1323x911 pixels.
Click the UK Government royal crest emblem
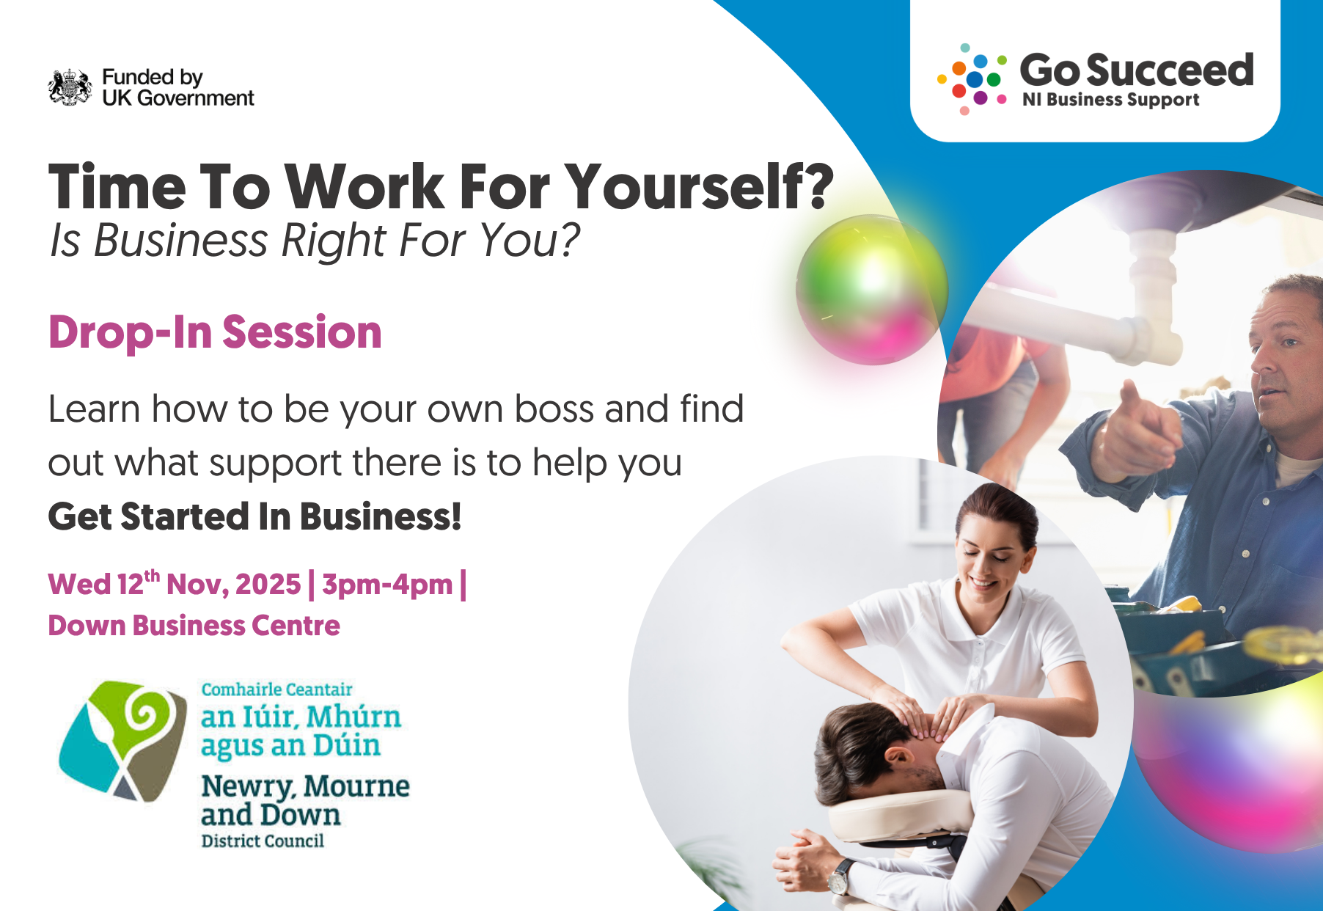[x=70, y=87]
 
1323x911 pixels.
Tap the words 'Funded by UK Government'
[x=178, y=87]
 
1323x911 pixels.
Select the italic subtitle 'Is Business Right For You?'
[x=315, y=241]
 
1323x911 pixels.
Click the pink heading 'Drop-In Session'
[x=215, y=332]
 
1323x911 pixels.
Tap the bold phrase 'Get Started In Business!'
[x=254, y=516]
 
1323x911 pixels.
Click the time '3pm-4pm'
[x=387, y=585]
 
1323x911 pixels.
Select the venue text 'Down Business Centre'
[x=194, y=626]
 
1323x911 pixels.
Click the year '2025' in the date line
[x=268, y=585]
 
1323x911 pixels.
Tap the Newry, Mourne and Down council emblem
[x=122, y=741]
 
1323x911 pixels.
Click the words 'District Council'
[x=263, y=841]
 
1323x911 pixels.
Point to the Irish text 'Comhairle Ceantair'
[x=277, y=689]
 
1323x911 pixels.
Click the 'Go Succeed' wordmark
[x=1137, y=70]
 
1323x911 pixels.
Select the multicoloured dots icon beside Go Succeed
[x=972, y=79]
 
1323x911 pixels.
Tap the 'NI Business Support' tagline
[x=1111, y=100]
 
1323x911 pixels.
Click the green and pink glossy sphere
[x=871, y=289]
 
